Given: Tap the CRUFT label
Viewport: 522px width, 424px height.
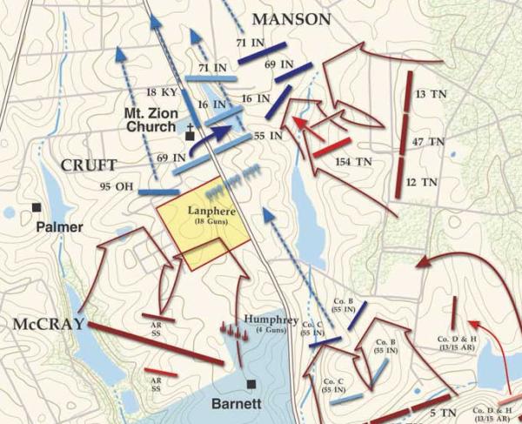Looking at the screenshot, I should (89, 164).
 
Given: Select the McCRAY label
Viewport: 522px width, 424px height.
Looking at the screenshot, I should (48, 324).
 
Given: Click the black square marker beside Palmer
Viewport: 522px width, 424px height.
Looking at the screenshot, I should (37, 207).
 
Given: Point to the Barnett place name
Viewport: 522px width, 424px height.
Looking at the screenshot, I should (236, 404).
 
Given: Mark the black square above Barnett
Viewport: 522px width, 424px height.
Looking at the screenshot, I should (251, 383).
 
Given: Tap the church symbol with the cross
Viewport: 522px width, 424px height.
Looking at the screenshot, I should (191, 134).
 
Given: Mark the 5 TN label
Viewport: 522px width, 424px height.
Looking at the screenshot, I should (443, 401).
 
